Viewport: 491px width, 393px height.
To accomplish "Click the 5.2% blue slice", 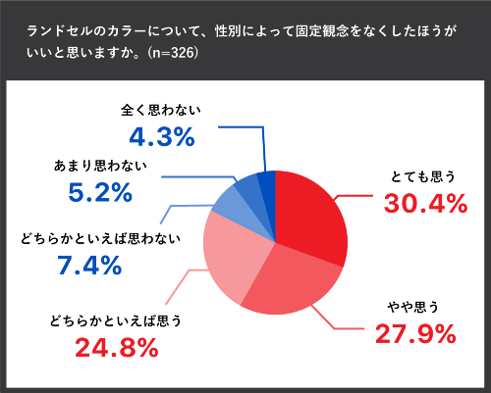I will tap(249, 186).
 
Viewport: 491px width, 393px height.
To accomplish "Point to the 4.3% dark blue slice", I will tap(267, 182).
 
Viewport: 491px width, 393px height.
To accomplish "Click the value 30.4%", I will tap(419, 202).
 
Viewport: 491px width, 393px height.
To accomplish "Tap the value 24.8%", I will tap(117, 347).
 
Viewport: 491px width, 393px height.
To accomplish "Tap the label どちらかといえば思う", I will tap(117, 320).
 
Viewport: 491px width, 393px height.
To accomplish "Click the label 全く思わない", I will tap(159, 111).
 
